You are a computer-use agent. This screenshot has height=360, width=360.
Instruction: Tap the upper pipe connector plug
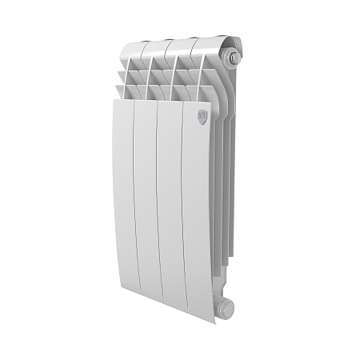click(x=234, y=58)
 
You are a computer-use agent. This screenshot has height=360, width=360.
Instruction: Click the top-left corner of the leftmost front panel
click(x=114, y=101)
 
